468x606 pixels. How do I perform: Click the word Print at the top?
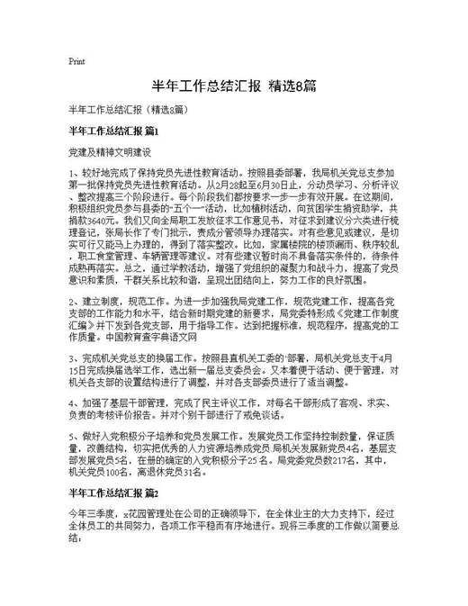pos(76,62)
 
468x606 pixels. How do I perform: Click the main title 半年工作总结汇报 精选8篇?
pos(233,86)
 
